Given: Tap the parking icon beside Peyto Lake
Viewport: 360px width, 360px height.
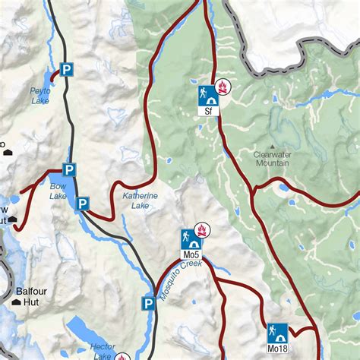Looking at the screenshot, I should coord(67,70).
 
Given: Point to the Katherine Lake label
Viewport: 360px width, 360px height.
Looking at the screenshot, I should coord(141,201).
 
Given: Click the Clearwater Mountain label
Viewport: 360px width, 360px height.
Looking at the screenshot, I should coord(271,158).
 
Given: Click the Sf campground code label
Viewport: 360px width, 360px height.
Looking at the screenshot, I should coord(206,110).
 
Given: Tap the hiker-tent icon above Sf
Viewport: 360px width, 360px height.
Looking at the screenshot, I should coord(206,94).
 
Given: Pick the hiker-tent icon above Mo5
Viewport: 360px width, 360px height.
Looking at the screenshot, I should coord(190,238).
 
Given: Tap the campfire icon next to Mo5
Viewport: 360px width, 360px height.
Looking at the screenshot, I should coord(202,229).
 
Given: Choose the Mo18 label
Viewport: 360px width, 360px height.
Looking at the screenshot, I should coord(277,349).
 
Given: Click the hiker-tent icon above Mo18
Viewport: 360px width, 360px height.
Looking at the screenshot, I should coord(277,333).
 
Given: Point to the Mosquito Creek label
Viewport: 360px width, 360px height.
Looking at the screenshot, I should coord(179,277).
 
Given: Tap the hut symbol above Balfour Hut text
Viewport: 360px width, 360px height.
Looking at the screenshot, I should coord(17,305).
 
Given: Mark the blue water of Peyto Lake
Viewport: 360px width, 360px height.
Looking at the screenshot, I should coord(52,77).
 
